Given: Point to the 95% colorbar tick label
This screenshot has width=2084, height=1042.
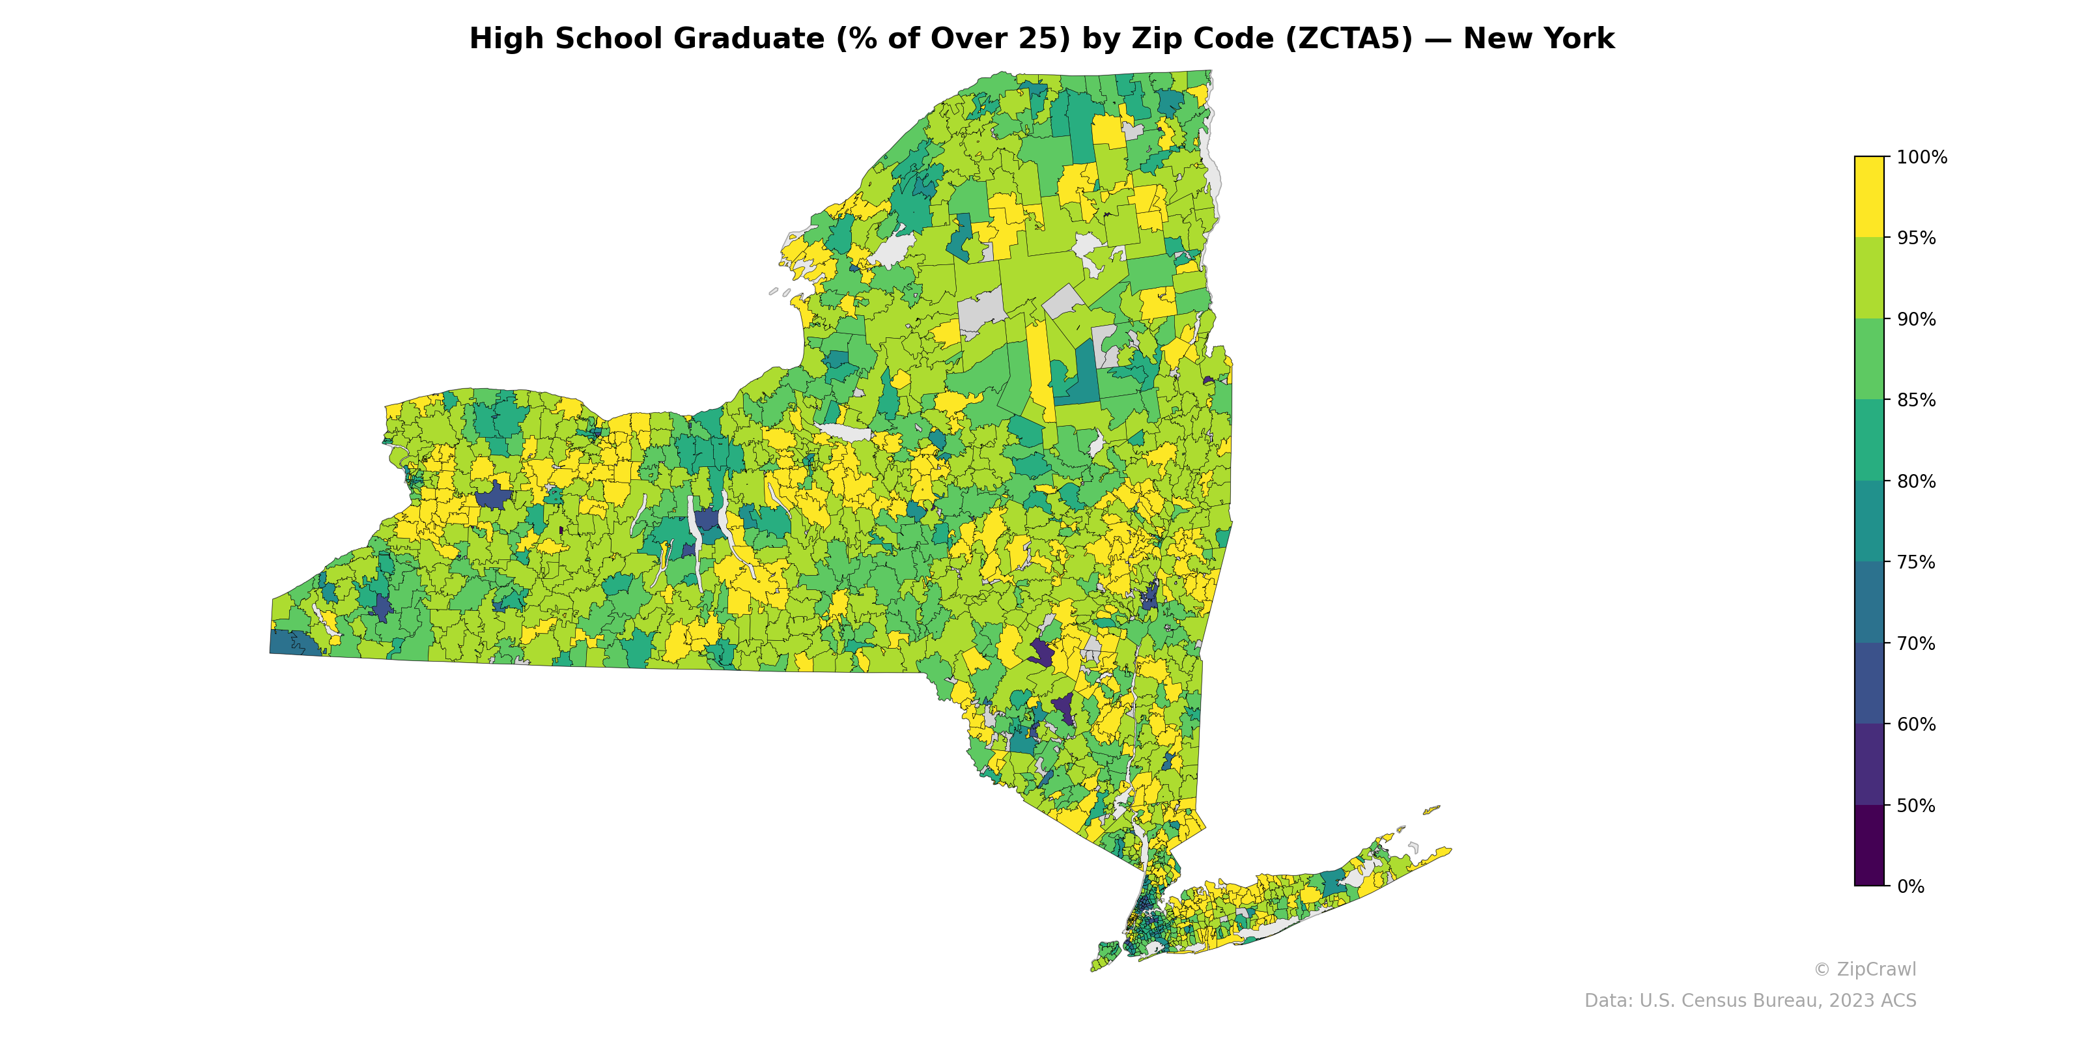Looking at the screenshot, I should [x=1916, y=238].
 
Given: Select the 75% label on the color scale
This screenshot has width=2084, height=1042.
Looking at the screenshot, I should [x=1916, y=562].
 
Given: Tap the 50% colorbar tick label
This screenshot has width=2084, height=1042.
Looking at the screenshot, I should [x=1916, y=806].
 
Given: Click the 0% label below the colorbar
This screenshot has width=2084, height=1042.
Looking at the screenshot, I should [x=1910, y=886].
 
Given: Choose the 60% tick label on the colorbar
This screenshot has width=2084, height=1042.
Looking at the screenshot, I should [x=1916, y=724].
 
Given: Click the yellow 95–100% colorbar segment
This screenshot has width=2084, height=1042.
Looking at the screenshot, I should [x=1869, y=197].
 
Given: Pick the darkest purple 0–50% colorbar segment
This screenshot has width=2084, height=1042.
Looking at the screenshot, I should [x=1869, y=845].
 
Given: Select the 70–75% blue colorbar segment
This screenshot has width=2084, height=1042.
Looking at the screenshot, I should [x=1869, y=602].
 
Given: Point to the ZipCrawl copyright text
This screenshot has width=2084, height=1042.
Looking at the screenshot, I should [x=1864, y=969].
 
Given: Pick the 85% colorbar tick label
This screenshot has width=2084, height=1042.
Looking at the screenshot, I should [x=1916, y=401].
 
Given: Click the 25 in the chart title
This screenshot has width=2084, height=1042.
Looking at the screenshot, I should [x=1051, y=39].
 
